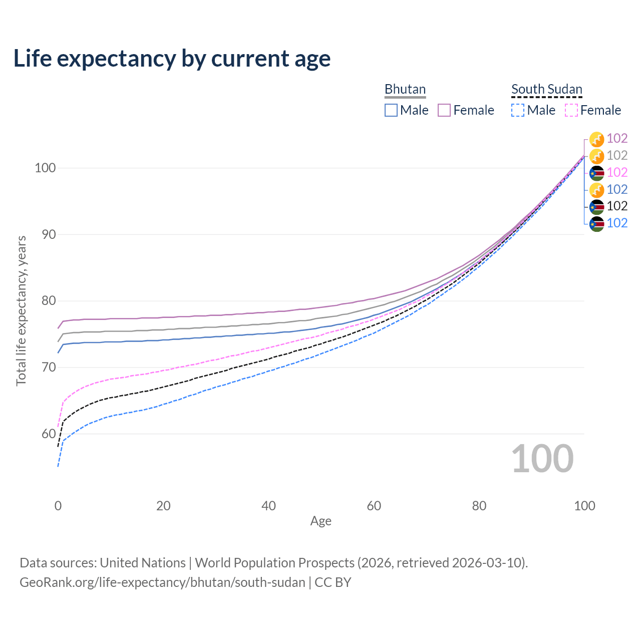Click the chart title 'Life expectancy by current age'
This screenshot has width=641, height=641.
(172, 59)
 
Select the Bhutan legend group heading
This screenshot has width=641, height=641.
(405, 89)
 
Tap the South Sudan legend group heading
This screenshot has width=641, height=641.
(546, 89)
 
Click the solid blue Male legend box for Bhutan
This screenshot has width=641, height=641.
(391, 110)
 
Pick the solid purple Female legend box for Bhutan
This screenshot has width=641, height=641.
(444, 110)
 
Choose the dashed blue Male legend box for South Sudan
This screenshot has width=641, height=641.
(518, 110)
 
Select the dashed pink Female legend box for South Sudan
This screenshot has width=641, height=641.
(571, 110)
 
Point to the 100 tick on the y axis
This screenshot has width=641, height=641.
(45, 168)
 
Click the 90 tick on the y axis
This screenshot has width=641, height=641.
(45, 234)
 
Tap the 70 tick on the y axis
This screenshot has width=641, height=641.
(45, 367)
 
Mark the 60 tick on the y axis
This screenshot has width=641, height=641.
(45, 434)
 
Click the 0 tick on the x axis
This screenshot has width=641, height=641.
(58, 506)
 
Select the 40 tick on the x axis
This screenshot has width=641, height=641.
(269, 506)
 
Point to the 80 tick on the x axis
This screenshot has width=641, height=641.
(479, 506)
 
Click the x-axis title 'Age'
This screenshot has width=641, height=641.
(321, 521)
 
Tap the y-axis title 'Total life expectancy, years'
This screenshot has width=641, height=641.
(21, 311)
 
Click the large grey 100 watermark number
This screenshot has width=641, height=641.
(542, 459)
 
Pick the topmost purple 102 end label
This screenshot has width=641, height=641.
(617, 138)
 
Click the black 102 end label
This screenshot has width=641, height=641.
(617, 206)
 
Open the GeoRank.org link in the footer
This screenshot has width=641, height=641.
(162, 582)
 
